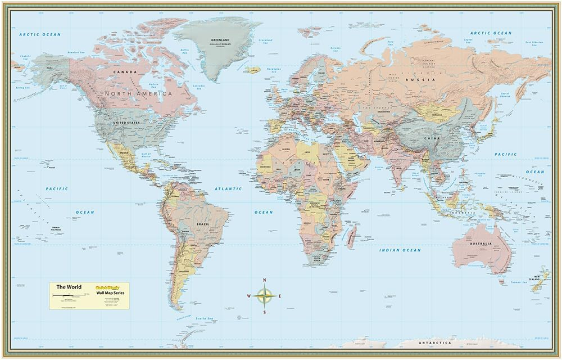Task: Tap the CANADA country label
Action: click(125, 72)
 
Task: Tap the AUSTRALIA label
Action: click(482, 244)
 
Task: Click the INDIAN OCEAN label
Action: click(400, 250)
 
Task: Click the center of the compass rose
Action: click(264, 295)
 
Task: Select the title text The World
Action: click(69, 287)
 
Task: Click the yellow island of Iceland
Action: click(253, 70)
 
